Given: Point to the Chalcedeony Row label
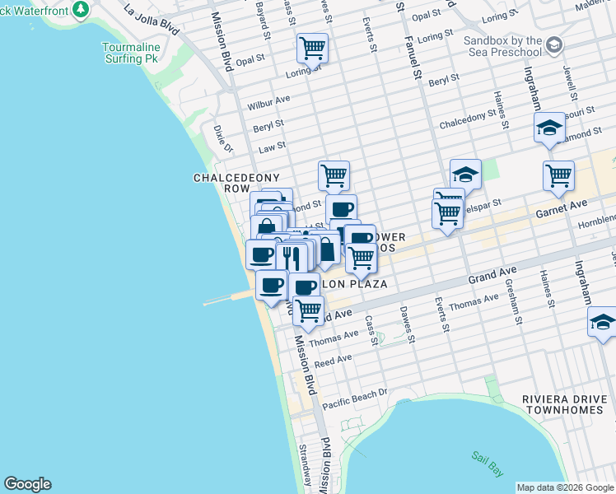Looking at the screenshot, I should click(236, 183).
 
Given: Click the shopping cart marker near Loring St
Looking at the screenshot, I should click(312, 48).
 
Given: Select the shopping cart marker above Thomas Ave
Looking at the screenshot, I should click(308, 310).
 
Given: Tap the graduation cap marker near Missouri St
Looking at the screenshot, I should click(549, 127).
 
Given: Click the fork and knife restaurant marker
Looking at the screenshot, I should click(292, 256).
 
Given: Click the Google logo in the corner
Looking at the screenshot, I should click(27, 484).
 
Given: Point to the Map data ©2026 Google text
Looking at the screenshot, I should click(566, 487).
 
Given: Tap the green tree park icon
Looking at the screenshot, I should click(81, 9).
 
